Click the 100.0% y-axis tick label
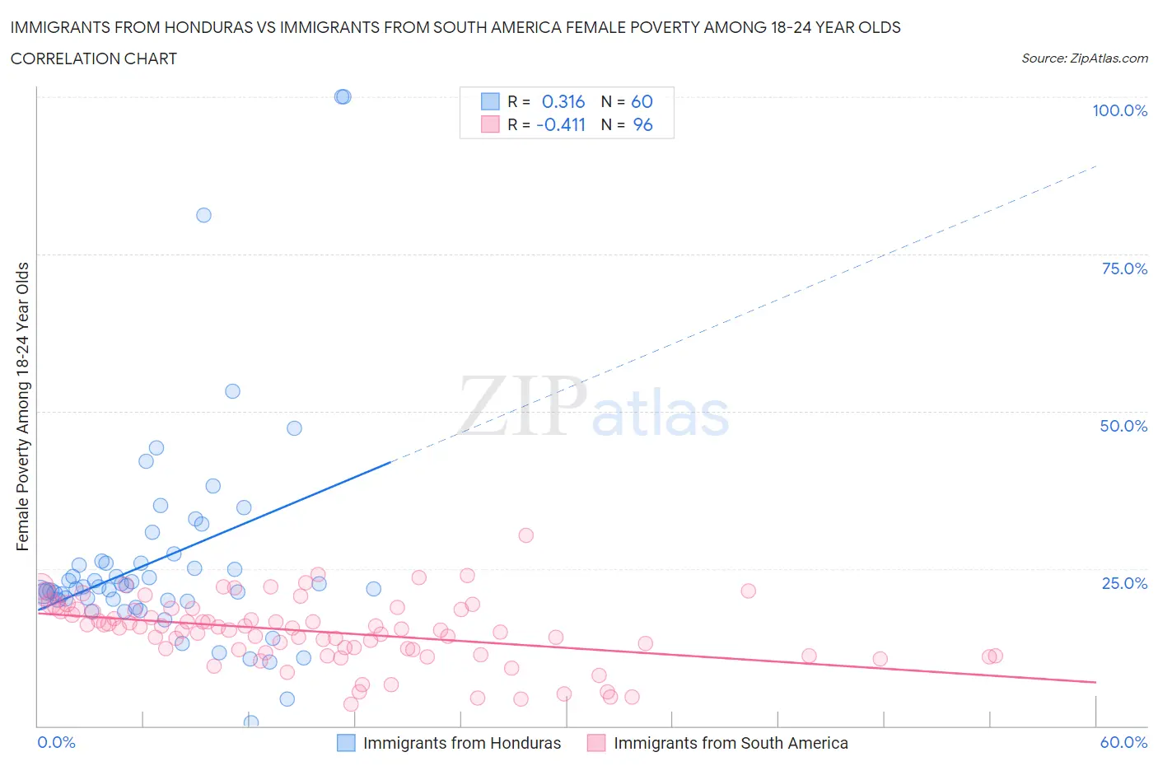[x=1119, y=110]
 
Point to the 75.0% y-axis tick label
[x=1123, y=269]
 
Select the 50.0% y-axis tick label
[x=1123, y=426]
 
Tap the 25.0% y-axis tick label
[x=1123, y=583]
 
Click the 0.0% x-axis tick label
[x=57, y=742]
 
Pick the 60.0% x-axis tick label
[x=1123, y=742]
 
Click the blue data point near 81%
[x=203, y=215]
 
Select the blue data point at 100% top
[x=343, y=96]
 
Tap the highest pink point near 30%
[x=525, y=535]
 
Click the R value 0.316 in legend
[x=563, y=101]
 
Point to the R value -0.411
[x=561, y=124]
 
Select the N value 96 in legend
[x=642, y=124]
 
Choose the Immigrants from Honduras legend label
[x=462, y=743]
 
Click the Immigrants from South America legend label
[x=731, y=743]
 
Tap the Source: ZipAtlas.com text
[x=1084, y=58]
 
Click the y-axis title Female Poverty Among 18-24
[x=23, y=406]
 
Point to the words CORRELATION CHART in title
[x=94, y=58]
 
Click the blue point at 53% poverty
[x=232, y=391]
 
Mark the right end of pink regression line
[x=1095, y=682]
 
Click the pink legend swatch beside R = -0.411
[x=490, y=124]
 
